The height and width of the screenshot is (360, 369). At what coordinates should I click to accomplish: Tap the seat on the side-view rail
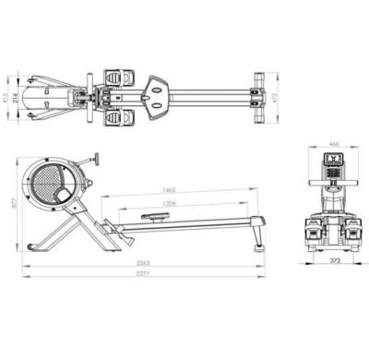click(155, 217)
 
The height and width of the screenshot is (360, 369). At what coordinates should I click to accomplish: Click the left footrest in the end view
click(315, 234)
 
